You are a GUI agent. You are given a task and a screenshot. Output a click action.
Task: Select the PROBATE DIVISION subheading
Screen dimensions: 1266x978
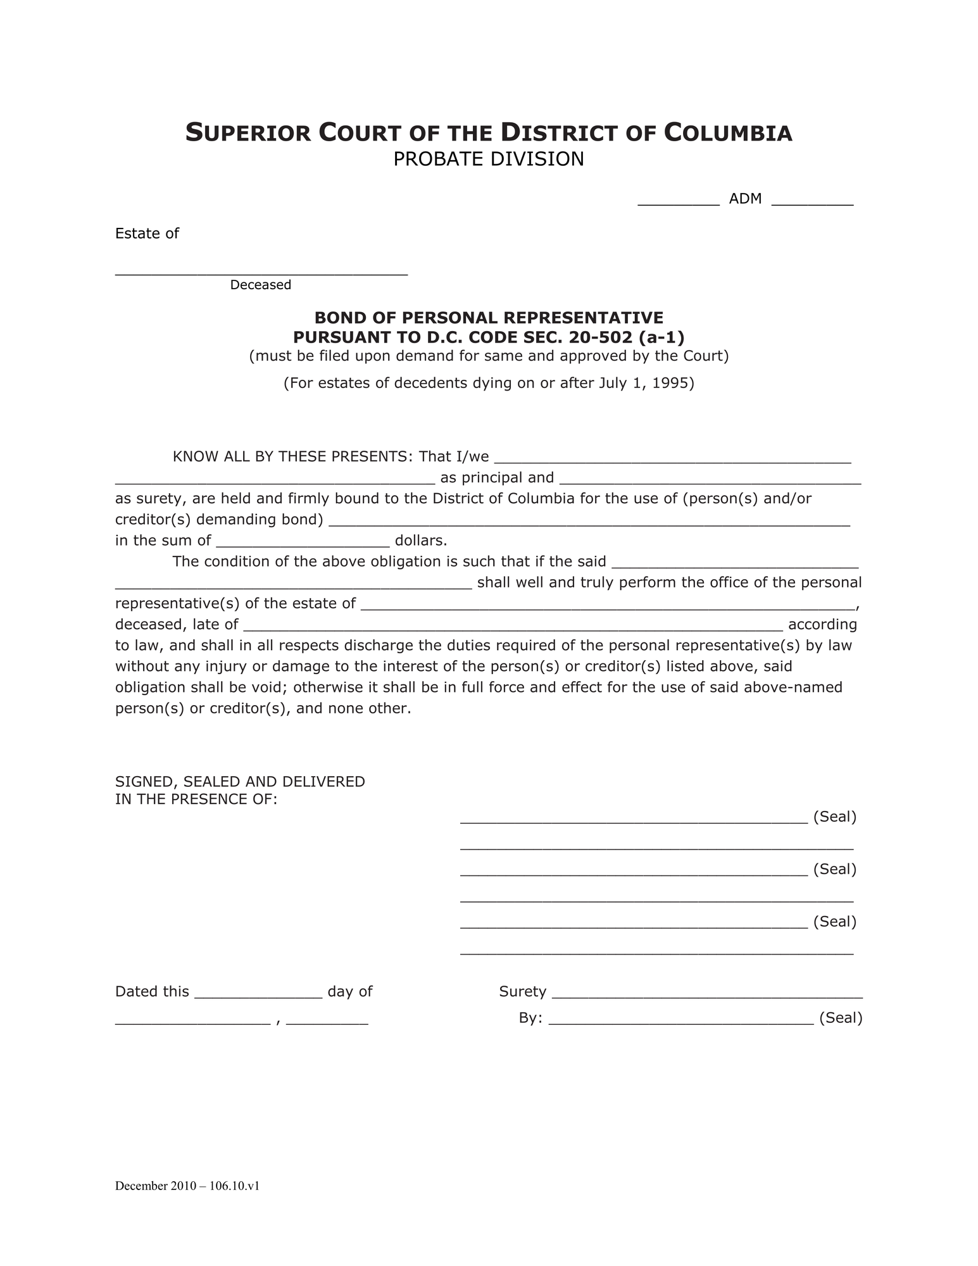[488, 160]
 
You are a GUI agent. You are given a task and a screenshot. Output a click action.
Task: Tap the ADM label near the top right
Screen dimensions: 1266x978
[744, 199]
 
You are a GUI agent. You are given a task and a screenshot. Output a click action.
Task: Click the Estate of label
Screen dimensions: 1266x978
[147, 234]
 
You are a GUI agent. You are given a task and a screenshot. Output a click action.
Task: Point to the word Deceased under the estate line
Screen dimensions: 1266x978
[260, 285]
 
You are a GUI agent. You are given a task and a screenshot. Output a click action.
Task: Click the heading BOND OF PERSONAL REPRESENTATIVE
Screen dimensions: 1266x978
[489, 317]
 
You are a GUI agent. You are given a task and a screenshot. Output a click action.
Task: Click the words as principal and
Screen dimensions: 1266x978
[497, 477]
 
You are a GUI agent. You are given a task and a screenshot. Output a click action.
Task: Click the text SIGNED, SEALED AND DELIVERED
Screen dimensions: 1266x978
[240, 782]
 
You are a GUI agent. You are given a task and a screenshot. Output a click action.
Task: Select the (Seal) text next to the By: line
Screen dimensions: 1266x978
[841, 1018]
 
